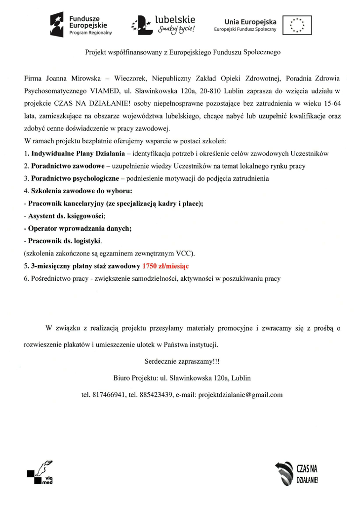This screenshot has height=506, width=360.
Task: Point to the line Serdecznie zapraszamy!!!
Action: (182, 362)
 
